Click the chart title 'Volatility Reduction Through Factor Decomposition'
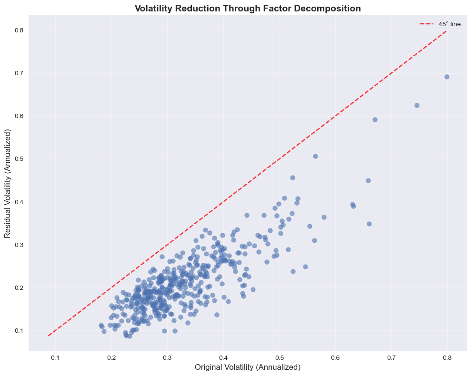pos(248,8)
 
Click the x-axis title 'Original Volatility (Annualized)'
pos(248,367)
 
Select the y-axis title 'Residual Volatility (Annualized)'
pos(9,183)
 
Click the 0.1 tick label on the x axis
pos(55,357)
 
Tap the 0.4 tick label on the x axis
pos(223,357)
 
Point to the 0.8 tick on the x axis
pos(448,357)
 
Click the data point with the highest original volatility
pos(447,77)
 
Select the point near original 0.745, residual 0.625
pos(417,105)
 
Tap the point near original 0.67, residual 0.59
pos(375,119)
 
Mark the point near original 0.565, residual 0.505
pos(315,156)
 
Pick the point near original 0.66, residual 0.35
pos(369,224)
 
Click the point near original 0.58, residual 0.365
pos(324,217)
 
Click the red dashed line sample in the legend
pos(426,24)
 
